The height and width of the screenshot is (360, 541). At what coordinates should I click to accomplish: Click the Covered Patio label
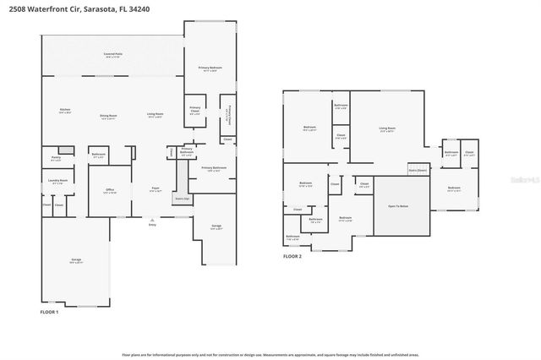(112, 55)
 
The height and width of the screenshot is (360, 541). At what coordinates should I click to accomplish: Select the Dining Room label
(109, 116)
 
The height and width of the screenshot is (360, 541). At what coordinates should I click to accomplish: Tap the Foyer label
(156, 188)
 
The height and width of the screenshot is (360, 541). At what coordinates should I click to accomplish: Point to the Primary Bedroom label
(210, 68)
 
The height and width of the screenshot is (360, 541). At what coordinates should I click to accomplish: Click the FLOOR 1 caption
(49, 313)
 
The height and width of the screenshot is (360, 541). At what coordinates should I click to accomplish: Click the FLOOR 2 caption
(292, 255)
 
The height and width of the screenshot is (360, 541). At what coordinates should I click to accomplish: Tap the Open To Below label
(398, 205)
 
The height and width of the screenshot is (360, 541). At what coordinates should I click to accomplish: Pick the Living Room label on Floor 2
(387, 129)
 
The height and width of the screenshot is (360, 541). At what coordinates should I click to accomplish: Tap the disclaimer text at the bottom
(270, 354)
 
